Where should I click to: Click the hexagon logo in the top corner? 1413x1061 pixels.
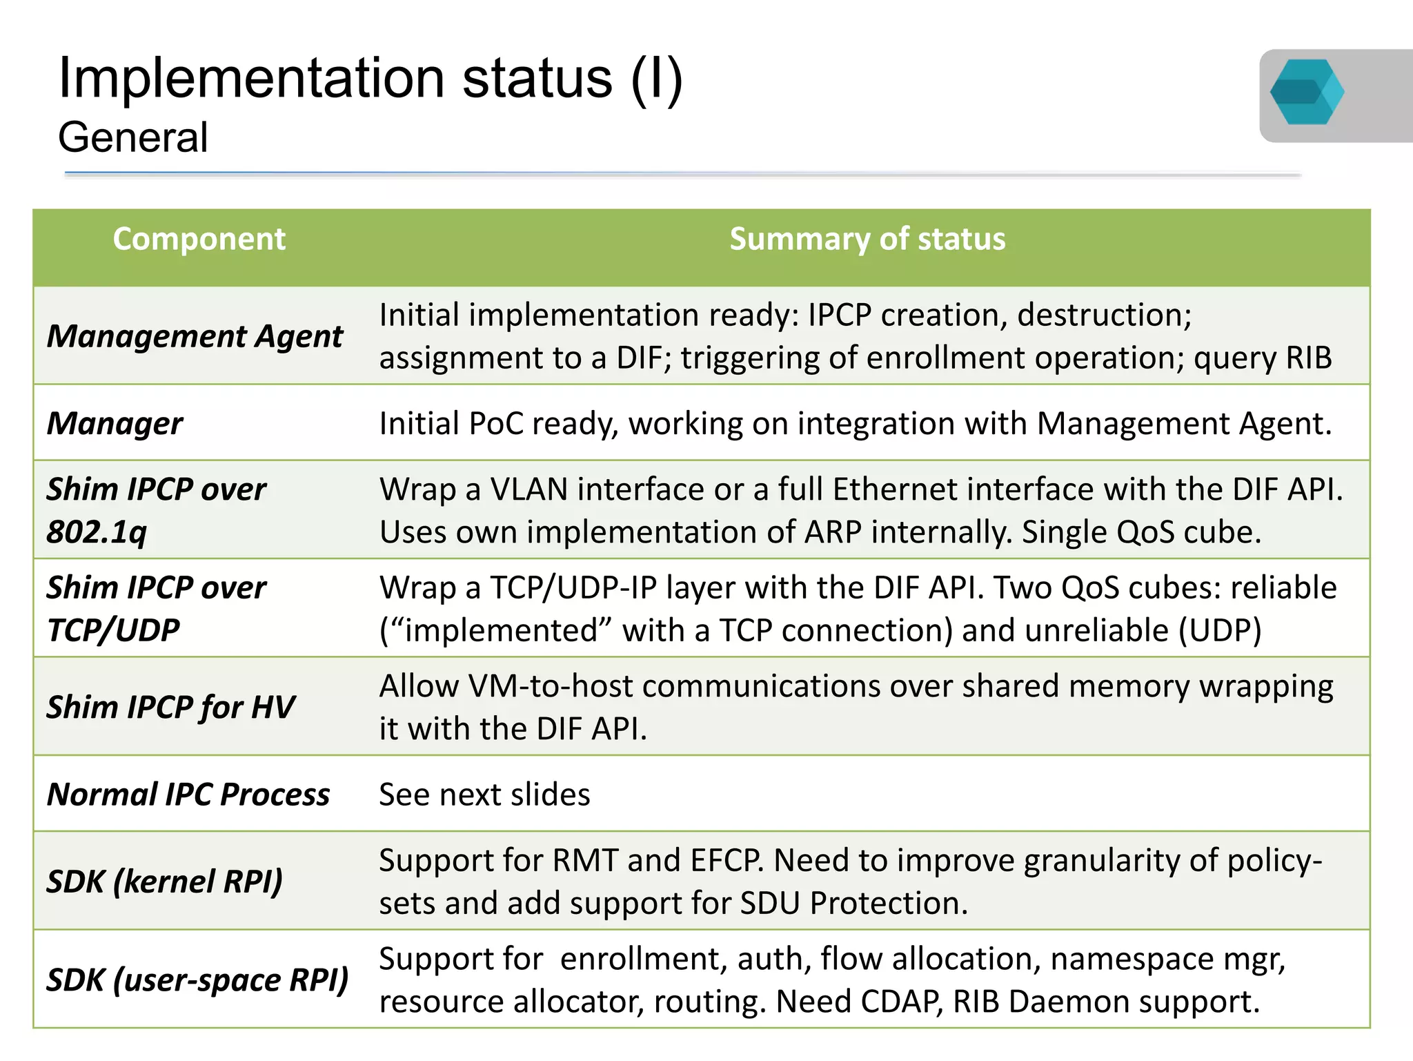pos(1307,93)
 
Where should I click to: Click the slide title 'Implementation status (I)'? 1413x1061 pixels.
pos(370,78)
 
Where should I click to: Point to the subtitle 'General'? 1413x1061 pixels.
pos(133,137)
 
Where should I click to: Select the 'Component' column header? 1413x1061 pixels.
pos(199,239)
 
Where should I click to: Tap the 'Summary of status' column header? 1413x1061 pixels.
pos(867,239)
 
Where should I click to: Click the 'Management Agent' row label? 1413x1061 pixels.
pos(195,336)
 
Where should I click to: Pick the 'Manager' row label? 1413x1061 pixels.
pos(115,423)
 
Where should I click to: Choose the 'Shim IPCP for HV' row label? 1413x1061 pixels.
pos(170,707)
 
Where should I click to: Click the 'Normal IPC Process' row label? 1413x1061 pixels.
pos(188,794)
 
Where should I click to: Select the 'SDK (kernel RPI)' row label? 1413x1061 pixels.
pos(165,881)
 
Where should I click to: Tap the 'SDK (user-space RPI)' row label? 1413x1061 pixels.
pos(197,980)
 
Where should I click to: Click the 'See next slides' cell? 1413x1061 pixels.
pos(484,794)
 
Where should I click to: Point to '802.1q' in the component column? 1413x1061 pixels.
pos(97,532)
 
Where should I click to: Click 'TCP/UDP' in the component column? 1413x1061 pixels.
pos(113,630)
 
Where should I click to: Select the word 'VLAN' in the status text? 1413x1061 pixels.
pos(529,489)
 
